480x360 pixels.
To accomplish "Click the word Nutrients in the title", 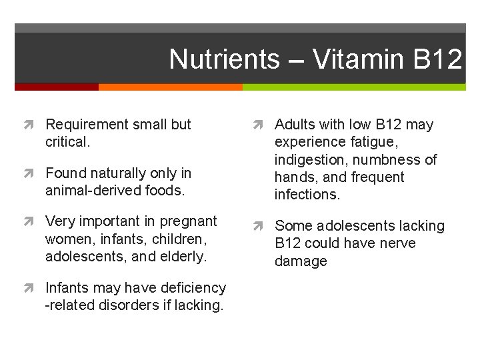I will click(x=224, y=59).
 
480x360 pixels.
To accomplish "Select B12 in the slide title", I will click(x=437, y=59).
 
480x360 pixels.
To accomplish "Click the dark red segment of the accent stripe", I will click(x=57, y=87).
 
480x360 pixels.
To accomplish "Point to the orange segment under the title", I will click(x=170, y=87).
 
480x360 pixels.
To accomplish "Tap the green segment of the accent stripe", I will click(x=353, y=87).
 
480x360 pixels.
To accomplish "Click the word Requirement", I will click(x=87, y=125).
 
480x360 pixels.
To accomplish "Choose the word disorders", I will click(x=129, y=305).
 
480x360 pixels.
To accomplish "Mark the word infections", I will click(x=307, y=195).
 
